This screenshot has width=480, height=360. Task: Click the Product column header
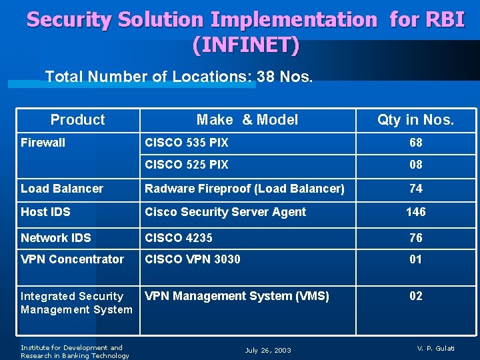(x=77, y=120)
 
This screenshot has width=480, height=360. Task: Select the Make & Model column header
(x=247, y=120)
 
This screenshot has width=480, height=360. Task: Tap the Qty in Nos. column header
(x=415, y=120)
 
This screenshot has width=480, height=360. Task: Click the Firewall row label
(x=43, y=143)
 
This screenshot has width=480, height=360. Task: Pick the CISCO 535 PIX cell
(x=187, y=143)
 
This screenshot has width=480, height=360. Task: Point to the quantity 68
(x=416, y=143)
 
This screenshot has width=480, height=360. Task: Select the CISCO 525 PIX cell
(x=187, y=165)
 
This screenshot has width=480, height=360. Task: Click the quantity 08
(x=416, y=165)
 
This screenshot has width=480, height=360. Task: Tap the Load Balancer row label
(x=62, y=189)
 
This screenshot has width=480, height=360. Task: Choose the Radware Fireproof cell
(x=245, y=189)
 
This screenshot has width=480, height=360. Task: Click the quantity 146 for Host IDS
(x=416, y=212)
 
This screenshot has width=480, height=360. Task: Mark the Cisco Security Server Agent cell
(x=225, y=212)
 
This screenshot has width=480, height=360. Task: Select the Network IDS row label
(x=56, y=238)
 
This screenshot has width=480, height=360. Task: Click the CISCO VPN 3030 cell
(x=193, y=259)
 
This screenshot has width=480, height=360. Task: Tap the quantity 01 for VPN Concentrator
(x=416, y=259)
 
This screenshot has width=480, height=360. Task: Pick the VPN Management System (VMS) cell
(x=237, y=296)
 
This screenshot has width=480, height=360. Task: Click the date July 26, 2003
(x=268, y=351)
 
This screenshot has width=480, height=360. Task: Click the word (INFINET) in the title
(x=245, y=45)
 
